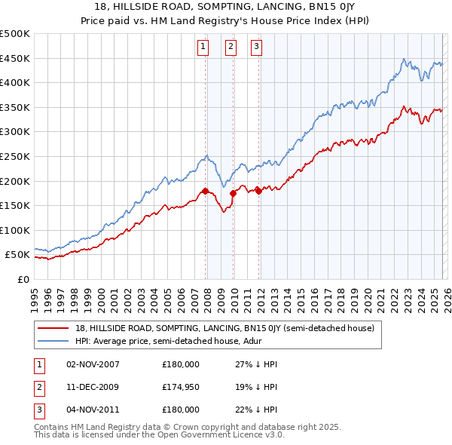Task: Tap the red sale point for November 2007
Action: tap(205, 191)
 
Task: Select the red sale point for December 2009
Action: tap(233, 193)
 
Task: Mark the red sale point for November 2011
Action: tap(258, 191)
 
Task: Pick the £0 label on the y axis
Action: tap(23, 280)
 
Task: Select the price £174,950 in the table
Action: tap(181, 388)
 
